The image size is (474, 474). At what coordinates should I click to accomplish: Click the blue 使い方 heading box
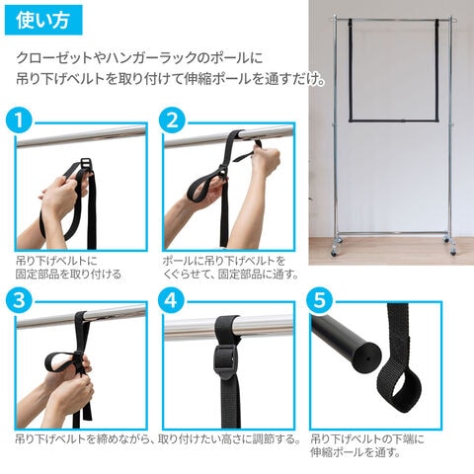43,20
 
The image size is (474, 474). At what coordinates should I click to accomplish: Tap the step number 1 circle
19,120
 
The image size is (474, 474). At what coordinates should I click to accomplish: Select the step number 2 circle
172,120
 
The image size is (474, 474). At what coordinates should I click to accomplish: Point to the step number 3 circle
19,300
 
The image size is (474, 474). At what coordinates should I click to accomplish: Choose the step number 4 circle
171,300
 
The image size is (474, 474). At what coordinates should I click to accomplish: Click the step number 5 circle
320,300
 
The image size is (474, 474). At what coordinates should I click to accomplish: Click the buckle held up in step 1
86,164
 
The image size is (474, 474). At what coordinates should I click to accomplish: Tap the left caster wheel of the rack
335,252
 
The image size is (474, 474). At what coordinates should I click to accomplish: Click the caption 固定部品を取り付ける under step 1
68,274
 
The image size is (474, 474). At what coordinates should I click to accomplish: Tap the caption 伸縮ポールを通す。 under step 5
355,452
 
